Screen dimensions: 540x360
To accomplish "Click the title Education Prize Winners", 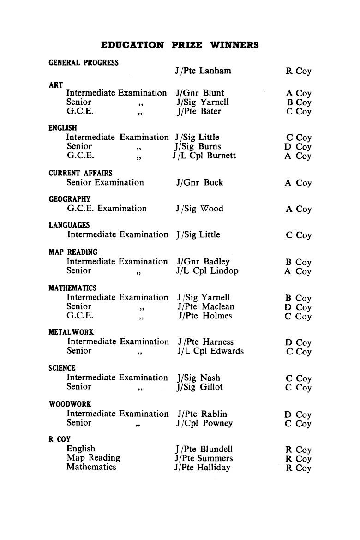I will [180, 45].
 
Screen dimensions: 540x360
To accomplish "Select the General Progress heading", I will [84, 63].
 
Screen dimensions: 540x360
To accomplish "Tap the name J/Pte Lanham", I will [203, 71].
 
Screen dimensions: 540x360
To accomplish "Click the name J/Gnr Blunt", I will [200, 93].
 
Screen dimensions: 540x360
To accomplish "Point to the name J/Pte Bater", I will [198, 111].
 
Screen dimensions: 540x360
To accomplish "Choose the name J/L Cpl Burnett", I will [204, 156].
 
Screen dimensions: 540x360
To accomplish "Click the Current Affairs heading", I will [80, 173].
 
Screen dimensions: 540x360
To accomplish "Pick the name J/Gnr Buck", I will [199, 182].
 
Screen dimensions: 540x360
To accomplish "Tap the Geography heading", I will [70, 199].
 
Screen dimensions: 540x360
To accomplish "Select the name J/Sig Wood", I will [199, 209].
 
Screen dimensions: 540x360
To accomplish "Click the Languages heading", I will [69, 225].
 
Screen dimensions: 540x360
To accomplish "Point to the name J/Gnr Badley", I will [203, 262].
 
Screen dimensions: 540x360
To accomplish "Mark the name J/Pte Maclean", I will [205, 306].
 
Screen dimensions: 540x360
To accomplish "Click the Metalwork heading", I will [71, 332].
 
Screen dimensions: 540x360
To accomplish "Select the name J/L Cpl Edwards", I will [210, 351].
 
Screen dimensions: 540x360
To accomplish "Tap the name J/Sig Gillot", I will [199, 387].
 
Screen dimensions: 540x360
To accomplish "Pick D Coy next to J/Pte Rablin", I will [298, 414].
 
